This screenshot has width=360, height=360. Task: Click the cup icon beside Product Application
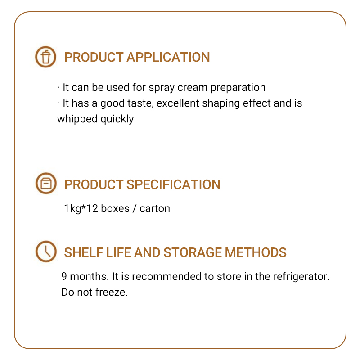tap(46, 57)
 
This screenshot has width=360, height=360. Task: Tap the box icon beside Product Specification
tap(46, 184)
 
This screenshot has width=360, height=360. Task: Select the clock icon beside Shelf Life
tap(46, 252)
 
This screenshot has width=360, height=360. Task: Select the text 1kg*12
tap(81, 209)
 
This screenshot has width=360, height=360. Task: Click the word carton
tap(155, 209)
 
